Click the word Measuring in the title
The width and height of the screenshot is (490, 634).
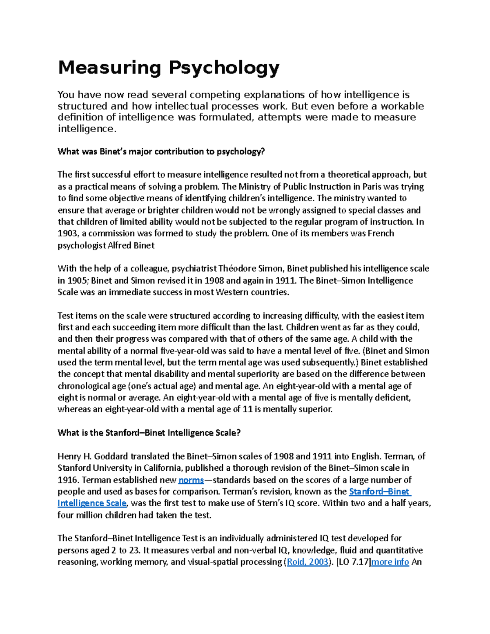point(109,68)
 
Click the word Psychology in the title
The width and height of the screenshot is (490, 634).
point(224,68)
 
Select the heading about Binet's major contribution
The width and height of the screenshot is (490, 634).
point(161,152)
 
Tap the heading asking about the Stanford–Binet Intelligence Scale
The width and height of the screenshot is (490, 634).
point(149,433)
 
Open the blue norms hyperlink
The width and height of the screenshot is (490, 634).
point(191,480)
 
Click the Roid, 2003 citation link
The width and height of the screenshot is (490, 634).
point(307,562)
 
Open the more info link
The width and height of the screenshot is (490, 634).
point(390,562)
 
